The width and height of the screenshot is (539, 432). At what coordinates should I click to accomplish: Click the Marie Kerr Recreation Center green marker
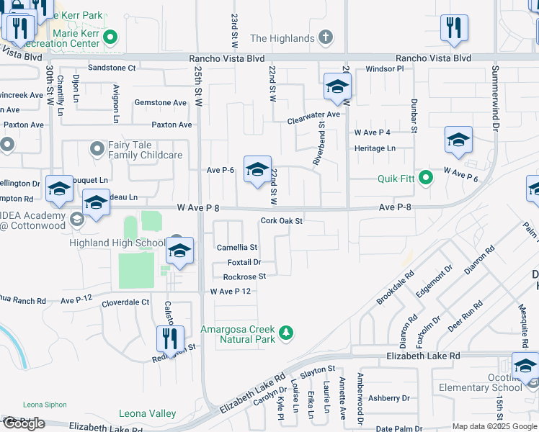(x=110, y=37)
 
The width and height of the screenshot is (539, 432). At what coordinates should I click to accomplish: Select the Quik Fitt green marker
(x=426, y=177)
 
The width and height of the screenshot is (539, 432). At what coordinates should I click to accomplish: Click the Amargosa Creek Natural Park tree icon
(x=287, y=333)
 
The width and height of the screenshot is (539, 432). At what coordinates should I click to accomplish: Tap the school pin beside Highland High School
(x=179, y=251)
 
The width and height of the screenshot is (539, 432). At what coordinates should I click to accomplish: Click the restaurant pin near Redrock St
(x=170, y=338)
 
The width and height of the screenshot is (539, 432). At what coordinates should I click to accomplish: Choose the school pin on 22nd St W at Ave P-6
(x=257, y=170)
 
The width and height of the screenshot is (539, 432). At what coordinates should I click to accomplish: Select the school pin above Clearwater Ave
(x=337, y=87)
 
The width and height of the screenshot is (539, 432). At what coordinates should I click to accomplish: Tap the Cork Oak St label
(x=281, y=221)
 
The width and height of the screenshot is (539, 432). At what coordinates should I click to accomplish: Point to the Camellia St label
(x=237, y=247)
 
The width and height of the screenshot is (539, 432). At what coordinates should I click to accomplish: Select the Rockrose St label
(x=244, y=276)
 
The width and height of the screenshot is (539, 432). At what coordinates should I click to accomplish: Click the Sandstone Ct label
(x=112, y=68)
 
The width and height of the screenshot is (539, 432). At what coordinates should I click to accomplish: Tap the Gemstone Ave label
(x=160, y=103)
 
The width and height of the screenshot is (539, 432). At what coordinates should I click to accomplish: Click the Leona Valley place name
(x=148, y=413)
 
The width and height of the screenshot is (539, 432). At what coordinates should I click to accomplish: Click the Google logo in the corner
(x=24, y=423)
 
